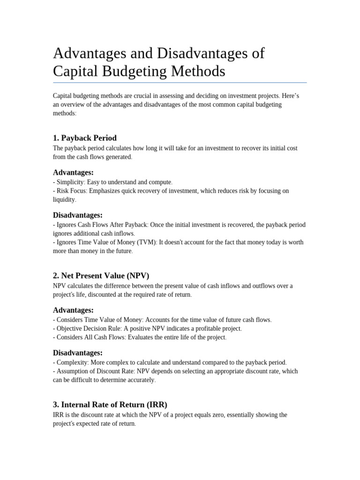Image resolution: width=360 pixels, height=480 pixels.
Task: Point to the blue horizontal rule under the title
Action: click(x=180, y=83)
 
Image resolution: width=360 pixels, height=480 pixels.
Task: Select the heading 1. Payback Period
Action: click(x=85, y=138)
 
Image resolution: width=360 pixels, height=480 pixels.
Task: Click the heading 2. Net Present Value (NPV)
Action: click(x=101, y=276)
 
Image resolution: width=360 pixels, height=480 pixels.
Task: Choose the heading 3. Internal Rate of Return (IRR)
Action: click(x=110, y=405)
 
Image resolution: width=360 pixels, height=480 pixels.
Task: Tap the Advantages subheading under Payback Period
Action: click(x=73, y=172)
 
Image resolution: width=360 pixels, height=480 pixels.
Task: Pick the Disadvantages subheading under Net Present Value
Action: click(x=78, y=352)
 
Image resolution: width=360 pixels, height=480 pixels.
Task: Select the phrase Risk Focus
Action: click(x=71, y=191)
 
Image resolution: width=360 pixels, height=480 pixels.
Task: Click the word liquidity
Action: click(x=64, y=200)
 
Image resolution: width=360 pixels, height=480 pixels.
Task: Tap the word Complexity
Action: click(x=72, y=362)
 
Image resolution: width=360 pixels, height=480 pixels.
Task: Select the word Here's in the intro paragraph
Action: click(x=290, y=96)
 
